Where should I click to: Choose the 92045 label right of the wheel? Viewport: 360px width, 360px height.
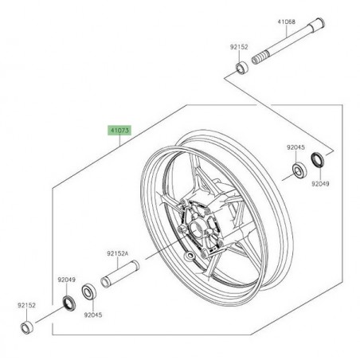click(x=297, y=147)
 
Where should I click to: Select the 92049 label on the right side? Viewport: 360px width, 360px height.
click(x=319, y=184)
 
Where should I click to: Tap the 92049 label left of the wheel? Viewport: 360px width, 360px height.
click(x=65, y=280)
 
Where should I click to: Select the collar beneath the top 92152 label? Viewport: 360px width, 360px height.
click(x=240, y=72)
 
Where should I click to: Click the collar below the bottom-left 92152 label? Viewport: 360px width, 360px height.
click(x=28, y=326)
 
